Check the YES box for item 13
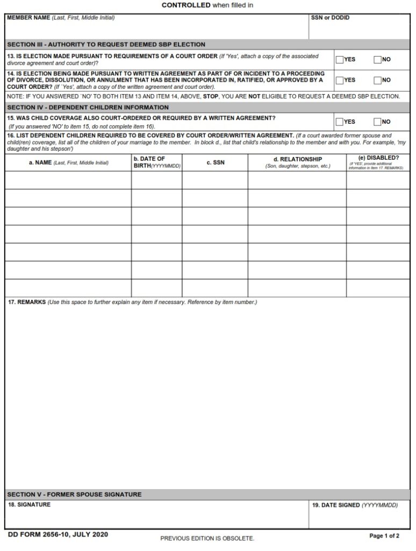[x=340, y=60]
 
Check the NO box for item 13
[x=378, y=60]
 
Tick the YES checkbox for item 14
[x=340, y=80]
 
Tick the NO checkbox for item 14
[x=378, y=80]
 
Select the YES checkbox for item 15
[x=340, y=122]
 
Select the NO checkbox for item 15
[x=378, y=122]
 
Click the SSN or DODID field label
[x=330, y=18]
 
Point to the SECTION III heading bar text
[x=106, y=45]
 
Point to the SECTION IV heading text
[x=88, y=107]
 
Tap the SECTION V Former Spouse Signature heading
[x=74, y=494]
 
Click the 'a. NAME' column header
[x=68, y=163]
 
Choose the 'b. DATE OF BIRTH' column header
[x=156, y=162]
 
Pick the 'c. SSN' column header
[x=216, y=163]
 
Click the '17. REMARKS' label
[x=27, y=302]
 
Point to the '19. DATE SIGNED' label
[x=355, y=505]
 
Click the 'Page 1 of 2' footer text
[x=384, y=536]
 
